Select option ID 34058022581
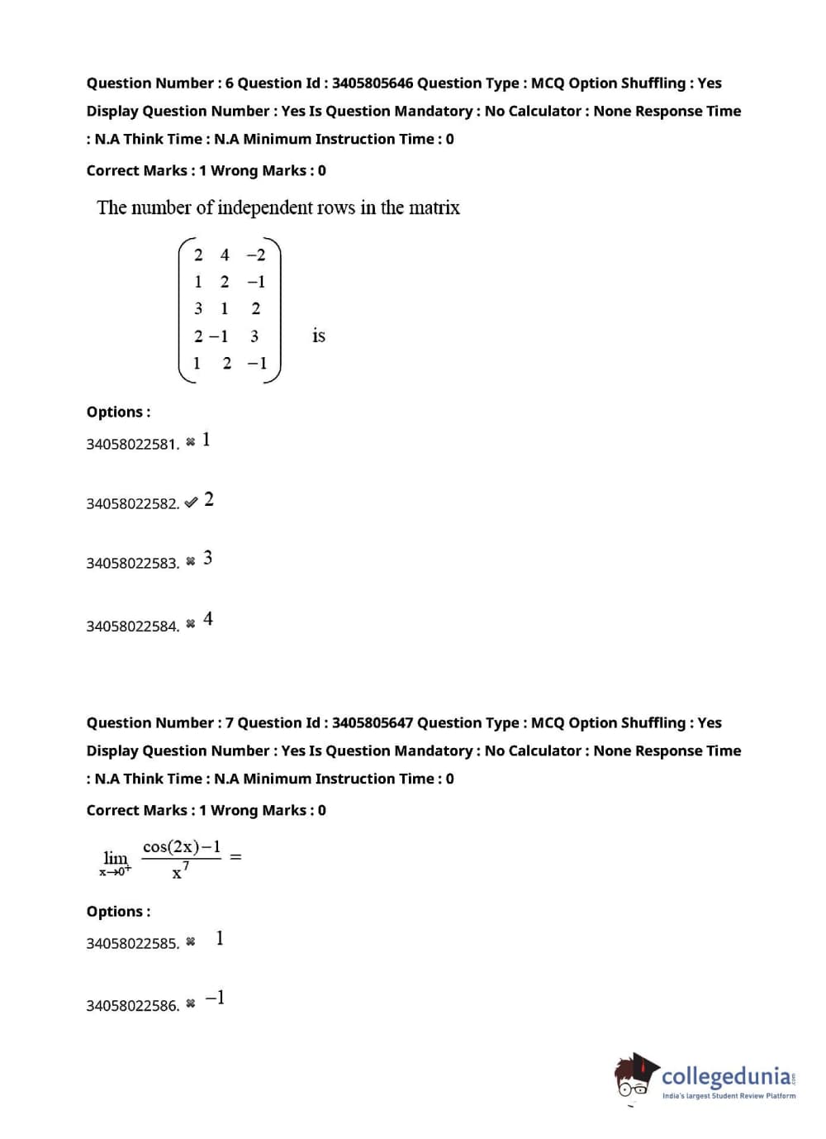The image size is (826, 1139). (132, 445)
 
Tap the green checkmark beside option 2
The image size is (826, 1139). (191, 502)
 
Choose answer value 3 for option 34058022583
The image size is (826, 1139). (207, 559)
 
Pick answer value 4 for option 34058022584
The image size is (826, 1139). (208, 619)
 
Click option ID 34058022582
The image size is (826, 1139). (132, 504)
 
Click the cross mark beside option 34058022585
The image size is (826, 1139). (191, 942)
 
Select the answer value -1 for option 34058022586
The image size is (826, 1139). (215, 998)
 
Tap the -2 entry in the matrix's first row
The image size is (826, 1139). (256, 255)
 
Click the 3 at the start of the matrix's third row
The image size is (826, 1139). (198, 309)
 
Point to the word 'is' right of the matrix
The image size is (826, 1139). (319, 336)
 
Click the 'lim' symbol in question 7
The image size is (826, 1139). (116, 859)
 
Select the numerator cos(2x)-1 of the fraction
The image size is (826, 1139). (182, 847)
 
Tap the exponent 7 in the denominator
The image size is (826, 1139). (186, 865)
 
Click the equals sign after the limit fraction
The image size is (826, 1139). (235, 857)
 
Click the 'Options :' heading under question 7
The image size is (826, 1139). (118, 912)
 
